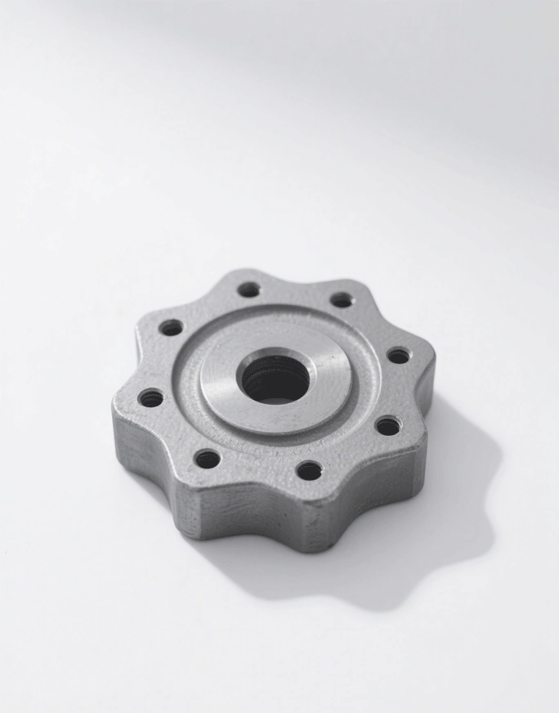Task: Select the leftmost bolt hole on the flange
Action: [x=151, y=398]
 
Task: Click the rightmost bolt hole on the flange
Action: [x=398, y=356]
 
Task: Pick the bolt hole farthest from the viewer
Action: [x=249, y=289]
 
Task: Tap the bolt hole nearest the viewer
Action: [x=309, y=470]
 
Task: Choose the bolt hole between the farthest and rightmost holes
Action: [x=342, y=300]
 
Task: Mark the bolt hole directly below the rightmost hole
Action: [x=387, y=426]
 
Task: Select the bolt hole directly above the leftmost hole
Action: [x=171, y=328]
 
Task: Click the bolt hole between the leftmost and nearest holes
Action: [x=208, y=460]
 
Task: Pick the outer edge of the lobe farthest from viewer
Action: [x=245, y=272]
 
